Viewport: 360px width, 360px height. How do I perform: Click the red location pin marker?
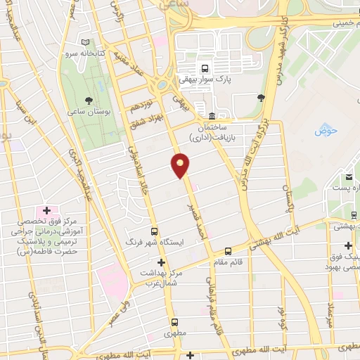[x=181, y=165]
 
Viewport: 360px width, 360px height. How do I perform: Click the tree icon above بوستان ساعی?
[x=88, y=101]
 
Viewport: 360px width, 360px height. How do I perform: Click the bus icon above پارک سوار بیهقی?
[x=205, y=69]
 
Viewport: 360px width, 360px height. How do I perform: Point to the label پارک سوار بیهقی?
[x=219, y=80]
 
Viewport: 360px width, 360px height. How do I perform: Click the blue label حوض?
[x=323, y=129]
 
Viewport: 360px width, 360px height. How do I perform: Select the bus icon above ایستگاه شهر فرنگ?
[x=155, y=231]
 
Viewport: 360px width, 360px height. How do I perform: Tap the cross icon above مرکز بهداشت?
[x=161, y=262]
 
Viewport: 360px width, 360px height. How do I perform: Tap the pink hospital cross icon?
[x=47, y=210]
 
